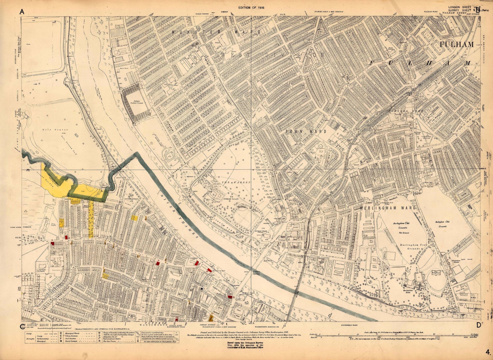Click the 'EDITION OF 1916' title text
coord(251,8)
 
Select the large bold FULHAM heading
coord(457,44)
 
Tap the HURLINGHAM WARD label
coord(388,208)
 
